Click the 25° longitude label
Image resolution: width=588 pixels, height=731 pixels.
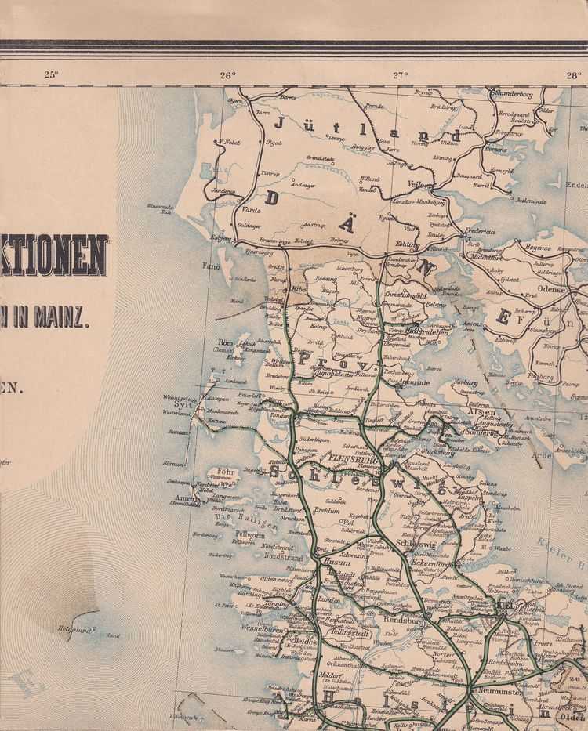tap(51, 75)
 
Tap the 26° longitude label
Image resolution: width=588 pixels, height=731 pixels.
tap(227, 75)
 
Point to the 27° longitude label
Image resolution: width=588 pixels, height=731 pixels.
tap(401, 75)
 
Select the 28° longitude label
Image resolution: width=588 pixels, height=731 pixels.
tap(574, 75)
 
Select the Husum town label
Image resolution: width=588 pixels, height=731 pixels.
tap(336, 562)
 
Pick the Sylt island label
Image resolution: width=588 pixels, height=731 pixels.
tap(183, 404)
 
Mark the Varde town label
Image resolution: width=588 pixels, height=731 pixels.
tap(251, 209)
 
